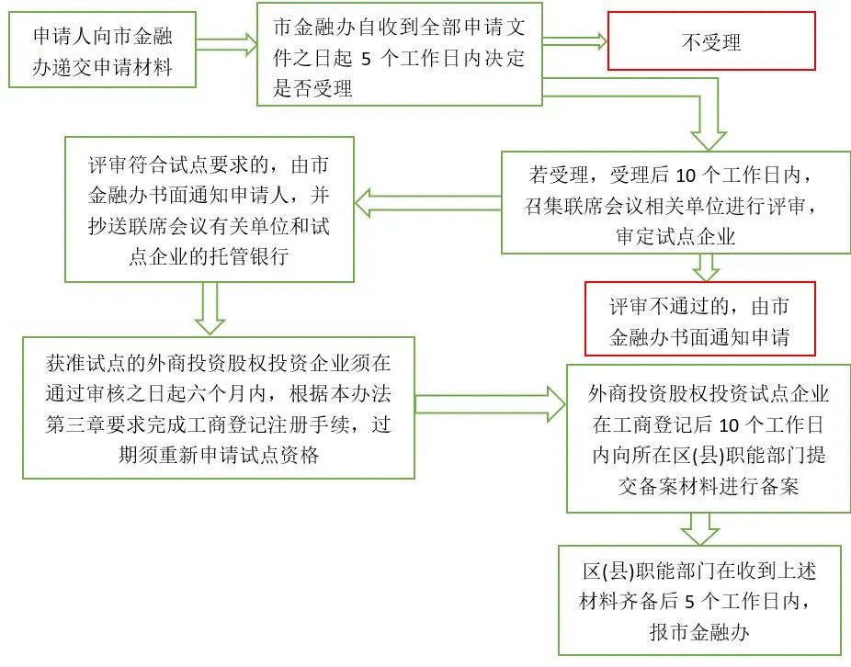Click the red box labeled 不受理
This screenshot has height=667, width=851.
[x=711, y=41]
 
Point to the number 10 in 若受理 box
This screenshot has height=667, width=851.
[x=686, y=175]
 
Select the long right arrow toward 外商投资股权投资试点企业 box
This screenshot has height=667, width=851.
[x=490, y=402]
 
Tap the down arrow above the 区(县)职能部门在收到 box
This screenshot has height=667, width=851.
[x=704, y=527]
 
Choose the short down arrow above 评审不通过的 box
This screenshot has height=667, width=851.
[x=706, y=266]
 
